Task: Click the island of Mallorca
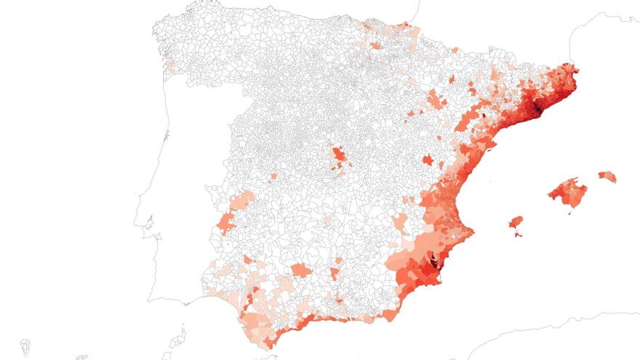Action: click(x=568, y=193)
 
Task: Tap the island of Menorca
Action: click(x=607, y=176)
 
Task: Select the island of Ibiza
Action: click(x=516, y=221)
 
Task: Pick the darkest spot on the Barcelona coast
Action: click(x=537, y=109)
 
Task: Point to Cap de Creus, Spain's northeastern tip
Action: click(x=578, y=69)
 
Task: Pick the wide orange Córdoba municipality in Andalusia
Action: click(x=300, y=271)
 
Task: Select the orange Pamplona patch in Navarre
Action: click(x=375, y=45)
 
